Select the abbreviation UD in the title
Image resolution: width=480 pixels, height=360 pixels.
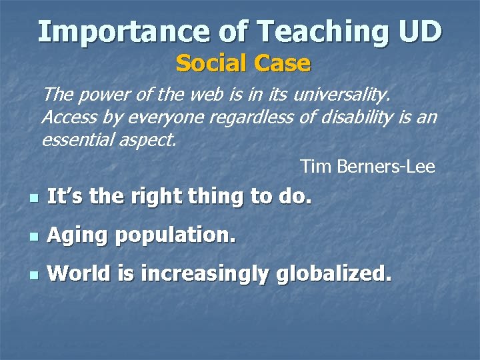coord(419,31)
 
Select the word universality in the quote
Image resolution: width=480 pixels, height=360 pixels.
coord(341,96)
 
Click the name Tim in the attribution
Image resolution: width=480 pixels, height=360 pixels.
coord(315,166)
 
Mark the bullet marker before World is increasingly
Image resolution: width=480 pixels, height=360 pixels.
coord(32,275)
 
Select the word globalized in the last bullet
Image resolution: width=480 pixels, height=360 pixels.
coord(334,274)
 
